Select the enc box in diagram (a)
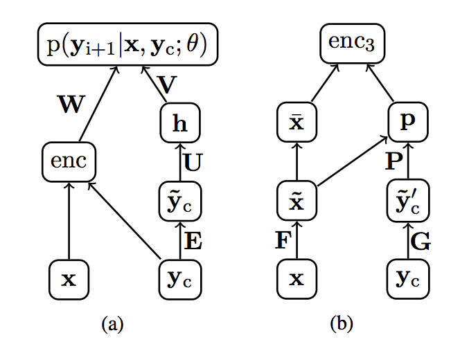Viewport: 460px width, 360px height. tap(69, 162)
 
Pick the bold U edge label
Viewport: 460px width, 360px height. tap(195, 163)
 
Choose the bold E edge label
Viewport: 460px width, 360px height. tap(194, 240)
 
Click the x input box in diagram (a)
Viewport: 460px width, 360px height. tap(68, 279)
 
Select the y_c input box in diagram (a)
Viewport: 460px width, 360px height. tap(179, 279)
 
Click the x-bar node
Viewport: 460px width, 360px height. tap(297, 122)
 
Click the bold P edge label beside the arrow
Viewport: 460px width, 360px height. tap(393, 162)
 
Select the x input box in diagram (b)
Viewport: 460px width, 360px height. tap(297, 279)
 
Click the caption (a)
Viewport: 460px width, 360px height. tap(112, 323)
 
